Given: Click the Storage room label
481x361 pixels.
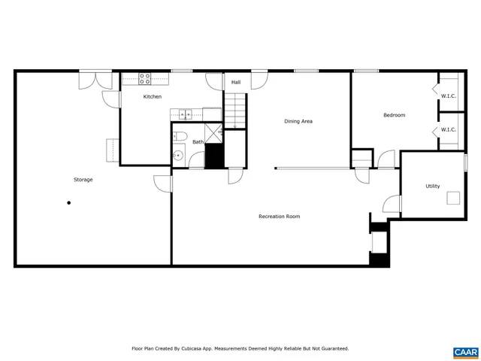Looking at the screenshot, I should (83, 180).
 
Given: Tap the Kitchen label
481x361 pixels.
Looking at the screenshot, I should (153, 96).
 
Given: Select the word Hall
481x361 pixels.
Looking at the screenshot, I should (235, 83).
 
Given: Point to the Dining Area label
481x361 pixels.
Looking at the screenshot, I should (298, 121).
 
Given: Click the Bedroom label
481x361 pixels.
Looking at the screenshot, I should (394, 115).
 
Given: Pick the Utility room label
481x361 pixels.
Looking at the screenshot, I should (432, 186).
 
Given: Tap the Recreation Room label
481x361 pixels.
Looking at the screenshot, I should (279, 217).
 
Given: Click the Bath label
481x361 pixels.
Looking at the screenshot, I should (198, 141).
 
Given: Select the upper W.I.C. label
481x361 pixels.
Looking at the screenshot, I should (448, 96).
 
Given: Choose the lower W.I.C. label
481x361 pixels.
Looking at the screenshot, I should (448, 129).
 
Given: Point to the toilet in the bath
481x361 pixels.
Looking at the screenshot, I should (179, 136).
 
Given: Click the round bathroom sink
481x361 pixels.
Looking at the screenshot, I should (178, 156).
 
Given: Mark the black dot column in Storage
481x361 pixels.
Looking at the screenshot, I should (69, 202).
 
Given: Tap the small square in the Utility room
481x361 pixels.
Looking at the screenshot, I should (454, 199).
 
